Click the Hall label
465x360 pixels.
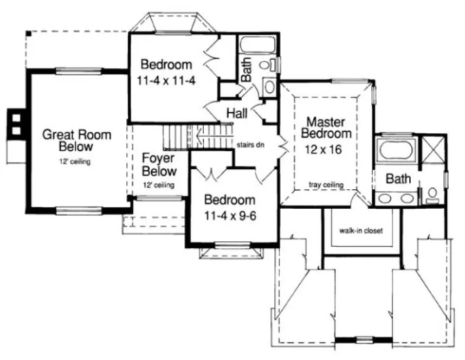click(x=237, y=114)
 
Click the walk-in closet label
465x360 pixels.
click(x=361, y=230)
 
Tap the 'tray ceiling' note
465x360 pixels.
click(x=326, y=185)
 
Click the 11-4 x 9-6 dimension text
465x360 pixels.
click(x=230, y=214)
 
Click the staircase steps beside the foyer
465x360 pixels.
click(x=179, y=136)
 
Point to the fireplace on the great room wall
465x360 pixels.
click(x=15, y=124)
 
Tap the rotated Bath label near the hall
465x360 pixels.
click(x=246, y=70)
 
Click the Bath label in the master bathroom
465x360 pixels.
click(x=398, y=178)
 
